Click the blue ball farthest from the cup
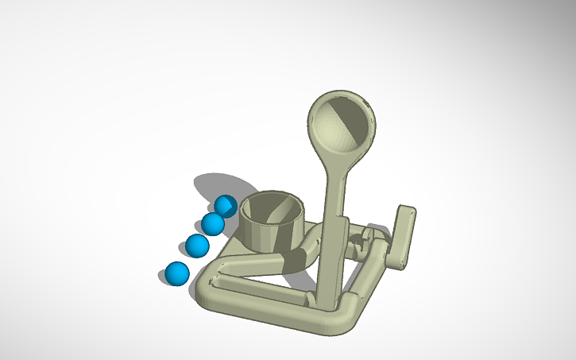point(176,273)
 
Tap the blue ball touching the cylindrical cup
point(226,207)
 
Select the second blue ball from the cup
point(212,224)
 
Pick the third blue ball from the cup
point(197,246)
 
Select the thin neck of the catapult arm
point(334,191)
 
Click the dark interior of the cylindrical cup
point(273,210)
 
